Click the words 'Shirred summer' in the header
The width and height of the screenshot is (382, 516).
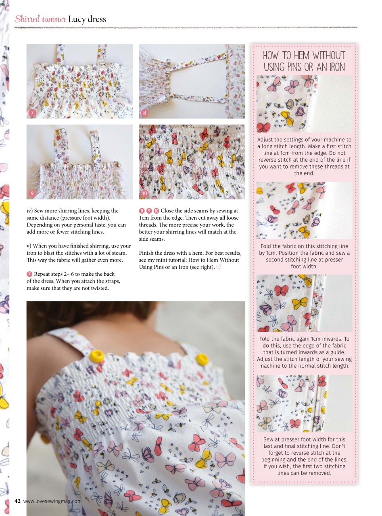click(x=40, y=19)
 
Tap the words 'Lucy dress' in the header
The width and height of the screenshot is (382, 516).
click(x=87, y=19)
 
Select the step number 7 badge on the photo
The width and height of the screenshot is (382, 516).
click(x=32, y=113)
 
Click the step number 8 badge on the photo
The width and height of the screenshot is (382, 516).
click(x=144, y=113)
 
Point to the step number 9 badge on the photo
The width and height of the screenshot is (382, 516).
click(x=32, y=193)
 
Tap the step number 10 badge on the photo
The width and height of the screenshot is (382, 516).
click(x=144, y=193)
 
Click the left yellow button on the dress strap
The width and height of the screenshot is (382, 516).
click(x=97, y=356)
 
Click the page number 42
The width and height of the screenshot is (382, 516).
click(x=17, y=501)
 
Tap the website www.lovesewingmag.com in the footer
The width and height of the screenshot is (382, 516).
click(x=52, y=501)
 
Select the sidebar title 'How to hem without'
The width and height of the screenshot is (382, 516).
click(x=304, y=56)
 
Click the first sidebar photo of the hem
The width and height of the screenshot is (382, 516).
click(x=304, y=104)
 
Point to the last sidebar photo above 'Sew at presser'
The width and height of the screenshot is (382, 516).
click(x=304, y=404)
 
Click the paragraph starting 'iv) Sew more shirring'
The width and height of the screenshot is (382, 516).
click(x=76, y=221)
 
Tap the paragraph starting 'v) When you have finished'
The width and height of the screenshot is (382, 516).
click(x=79, y=253)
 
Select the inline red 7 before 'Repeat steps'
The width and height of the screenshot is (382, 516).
click(x=29, y=275)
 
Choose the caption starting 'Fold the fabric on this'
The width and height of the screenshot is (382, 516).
click(x=304, y=256)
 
